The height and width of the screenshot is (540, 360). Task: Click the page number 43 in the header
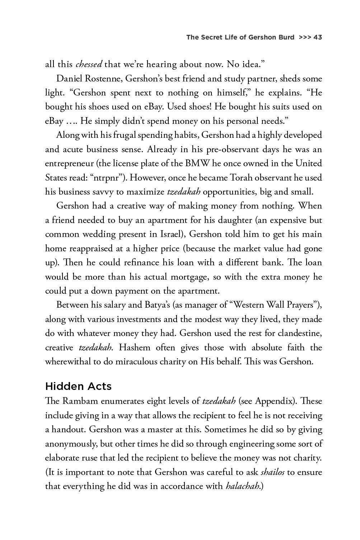[x=318, y=37]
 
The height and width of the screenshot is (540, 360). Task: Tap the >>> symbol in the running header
[x=305, y=37]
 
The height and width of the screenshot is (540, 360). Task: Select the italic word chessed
[x=89, y=65]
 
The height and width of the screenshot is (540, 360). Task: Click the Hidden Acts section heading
[x=78, y=386]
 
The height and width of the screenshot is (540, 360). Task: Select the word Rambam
[x=79, y=401]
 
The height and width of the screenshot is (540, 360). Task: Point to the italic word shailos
[x=272, y=472]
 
